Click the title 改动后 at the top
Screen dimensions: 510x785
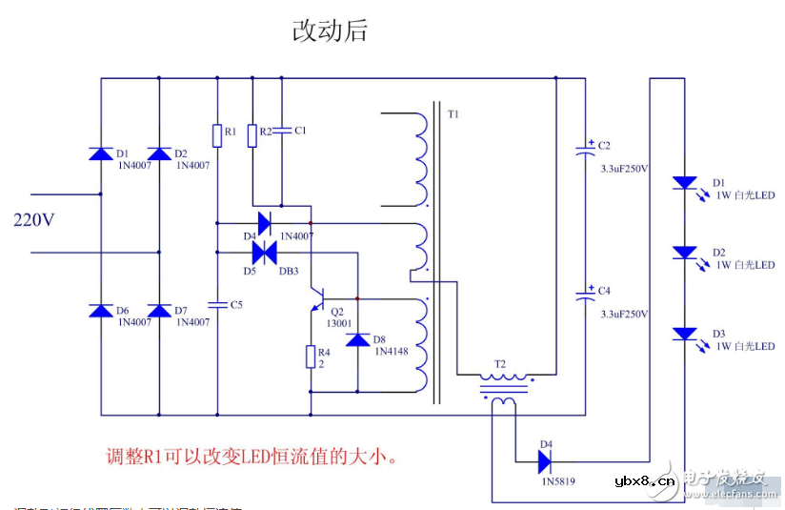pos(330,31)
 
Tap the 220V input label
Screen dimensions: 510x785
pos(34,220)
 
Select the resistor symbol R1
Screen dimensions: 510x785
pos(217,135)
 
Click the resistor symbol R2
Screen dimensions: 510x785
pos(252,135)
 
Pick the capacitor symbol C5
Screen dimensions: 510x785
pos(217,305)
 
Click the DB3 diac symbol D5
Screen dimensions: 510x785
pos(264,253)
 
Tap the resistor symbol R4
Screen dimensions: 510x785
pos(311,357)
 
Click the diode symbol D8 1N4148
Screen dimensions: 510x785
pos(357,339)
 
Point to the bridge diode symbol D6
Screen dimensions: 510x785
pos(101,311)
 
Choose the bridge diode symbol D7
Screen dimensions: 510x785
pos(159,311)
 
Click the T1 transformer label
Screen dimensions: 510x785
pos(453,114)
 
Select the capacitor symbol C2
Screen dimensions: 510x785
pos(585,150)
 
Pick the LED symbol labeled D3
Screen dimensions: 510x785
pos(684,334)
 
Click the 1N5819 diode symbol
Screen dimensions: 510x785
pos(545,462)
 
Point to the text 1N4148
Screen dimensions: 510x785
pos(391,351)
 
